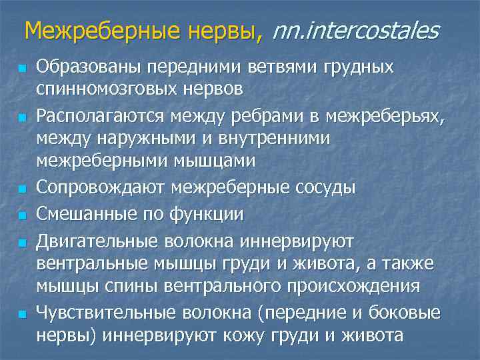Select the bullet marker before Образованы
tap(22, 69)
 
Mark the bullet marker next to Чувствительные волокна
tap(22, 312)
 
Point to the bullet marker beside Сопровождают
tap(22, 189)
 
